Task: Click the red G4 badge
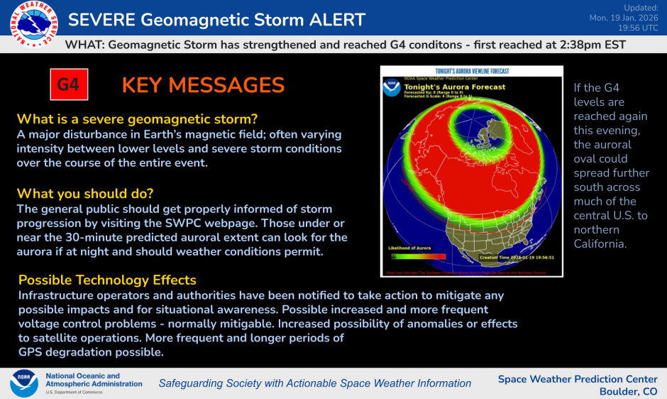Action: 68,85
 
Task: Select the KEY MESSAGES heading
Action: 203,85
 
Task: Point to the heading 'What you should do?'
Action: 85,194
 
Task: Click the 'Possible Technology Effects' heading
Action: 107,280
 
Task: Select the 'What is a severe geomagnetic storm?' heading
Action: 138,119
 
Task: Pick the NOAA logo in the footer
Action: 24,383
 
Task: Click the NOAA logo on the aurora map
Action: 391,89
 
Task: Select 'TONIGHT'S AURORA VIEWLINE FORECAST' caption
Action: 472,70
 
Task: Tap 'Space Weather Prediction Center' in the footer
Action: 578,379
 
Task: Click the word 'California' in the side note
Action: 602,244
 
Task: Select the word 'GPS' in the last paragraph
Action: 31,352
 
